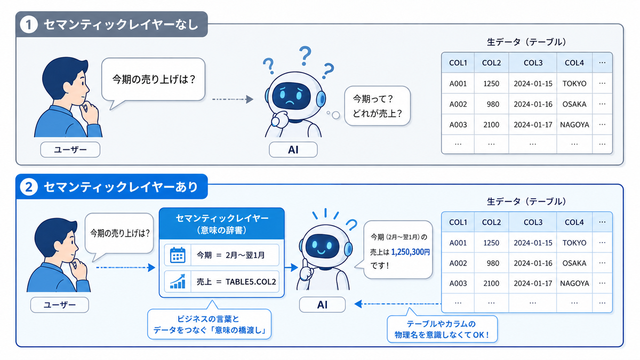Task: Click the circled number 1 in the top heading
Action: coord(29,25)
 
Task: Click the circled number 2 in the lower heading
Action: coord(29,187)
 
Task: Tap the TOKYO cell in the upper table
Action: coord(574,83)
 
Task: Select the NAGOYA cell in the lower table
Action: coord(574,283)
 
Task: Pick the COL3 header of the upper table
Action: coord(533,63)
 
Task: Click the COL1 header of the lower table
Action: coord(458,222)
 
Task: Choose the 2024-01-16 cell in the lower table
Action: coord(533,263)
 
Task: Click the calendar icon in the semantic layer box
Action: coord(178,255)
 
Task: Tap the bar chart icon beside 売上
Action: coord(178,282)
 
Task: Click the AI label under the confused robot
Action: coord(293,149)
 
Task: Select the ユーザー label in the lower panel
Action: coord(59,305)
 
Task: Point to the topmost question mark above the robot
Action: coord(305,55)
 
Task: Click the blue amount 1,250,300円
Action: coord(410,252)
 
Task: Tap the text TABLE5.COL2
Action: coord(251,282)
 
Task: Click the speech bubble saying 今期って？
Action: coord(377,106)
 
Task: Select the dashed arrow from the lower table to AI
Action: coord(398,303)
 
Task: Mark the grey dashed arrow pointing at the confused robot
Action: coord(233,99)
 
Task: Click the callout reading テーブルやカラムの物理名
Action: coord(442,329)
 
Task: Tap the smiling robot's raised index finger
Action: coord(305,263)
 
